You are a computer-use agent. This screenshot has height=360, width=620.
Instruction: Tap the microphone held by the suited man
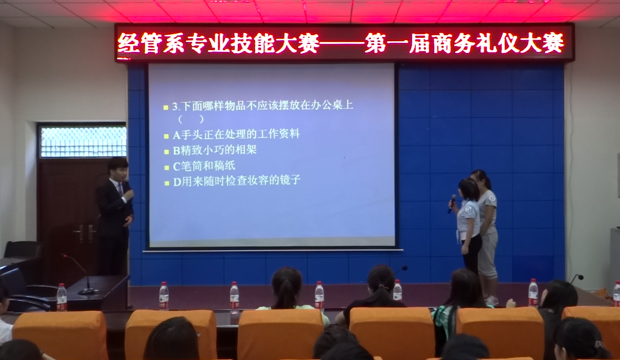(x=127, y=185)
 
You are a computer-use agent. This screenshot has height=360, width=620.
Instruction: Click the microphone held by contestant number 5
(x=452, y=204)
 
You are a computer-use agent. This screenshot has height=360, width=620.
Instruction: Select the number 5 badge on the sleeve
(x=469, y=209)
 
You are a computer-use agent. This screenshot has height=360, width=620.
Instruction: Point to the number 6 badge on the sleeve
(x=492, y=197)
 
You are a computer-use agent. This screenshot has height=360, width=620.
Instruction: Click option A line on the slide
(x=236, y=134)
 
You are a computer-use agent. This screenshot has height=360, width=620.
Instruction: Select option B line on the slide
(x=215, y=150)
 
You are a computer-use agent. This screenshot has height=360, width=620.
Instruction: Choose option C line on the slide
(x=204, y=166)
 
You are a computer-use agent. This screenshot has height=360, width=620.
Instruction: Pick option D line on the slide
(x=237, y=181)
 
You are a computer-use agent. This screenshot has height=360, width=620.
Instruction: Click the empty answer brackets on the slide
(x=191, y=119)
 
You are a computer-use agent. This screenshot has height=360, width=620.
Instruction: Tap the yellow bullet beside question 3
(x=166, y=107)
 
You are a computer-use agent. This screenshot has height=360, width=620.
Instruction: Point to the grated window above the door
(x=84, y=142)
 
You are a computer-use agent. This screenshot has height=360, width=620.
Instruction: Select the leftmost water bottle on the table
(x=62, y=297)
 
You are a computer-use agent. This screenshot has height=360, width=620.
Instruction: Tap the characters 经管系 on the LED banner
(x=151, y=43)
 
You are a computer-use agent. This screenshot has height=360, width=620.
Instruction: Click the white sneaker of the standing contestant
(x=491, y=301)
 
